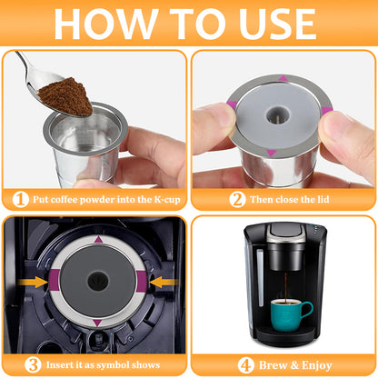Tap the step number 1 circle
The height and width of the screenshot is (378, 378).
(20, 198)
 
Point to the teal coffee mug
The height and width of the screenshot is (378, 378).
(290, 313)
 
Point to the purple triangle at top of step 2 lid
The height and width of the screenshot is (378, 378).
(283, 78)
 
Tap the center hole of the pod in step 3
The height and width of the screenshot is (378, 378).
(98, 281)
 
